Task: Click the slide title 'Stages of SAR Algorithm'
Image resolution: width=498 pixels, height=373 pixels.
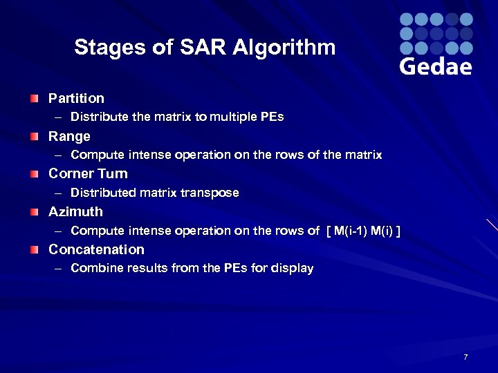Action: coord(205,48)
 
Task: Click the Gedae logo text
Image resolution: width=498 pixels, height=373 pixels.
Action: coord(436,66)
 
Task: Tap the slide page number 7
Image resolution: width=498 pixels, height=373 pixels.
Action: coord(465,357)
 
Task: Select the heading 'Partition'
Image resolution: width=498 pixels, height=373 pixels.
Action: coord(76,98)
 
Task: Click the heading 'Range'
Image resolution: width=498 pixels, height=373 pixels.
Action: coord(69,136)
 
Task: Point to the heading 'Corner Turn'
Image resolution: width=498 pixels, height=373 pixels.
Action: coord(88,173)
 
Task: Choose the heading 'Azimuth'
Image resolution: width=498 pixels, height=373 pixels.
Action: coord(75,211)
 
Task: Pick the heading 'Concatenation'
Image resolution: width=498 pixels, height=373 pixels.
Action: coord(96,249)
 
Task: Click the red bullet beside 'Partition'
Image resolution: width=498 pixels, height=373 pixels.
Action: coord(35,99)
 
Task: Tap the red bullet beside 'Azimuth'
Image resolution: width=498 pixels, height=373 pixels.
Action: coord(35,212)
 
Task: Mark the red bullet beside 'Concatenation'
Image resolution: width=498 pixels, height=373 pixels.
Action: coord(35,250)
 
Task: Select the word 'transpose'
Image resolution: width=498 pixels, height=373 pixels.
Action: coord(212,193)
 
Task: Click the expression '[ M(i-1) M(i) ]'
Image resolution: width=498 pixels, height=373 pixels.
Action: coord(362,231)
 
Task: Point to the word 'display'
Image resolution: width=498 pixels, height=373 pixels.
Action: coord(293,268)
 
